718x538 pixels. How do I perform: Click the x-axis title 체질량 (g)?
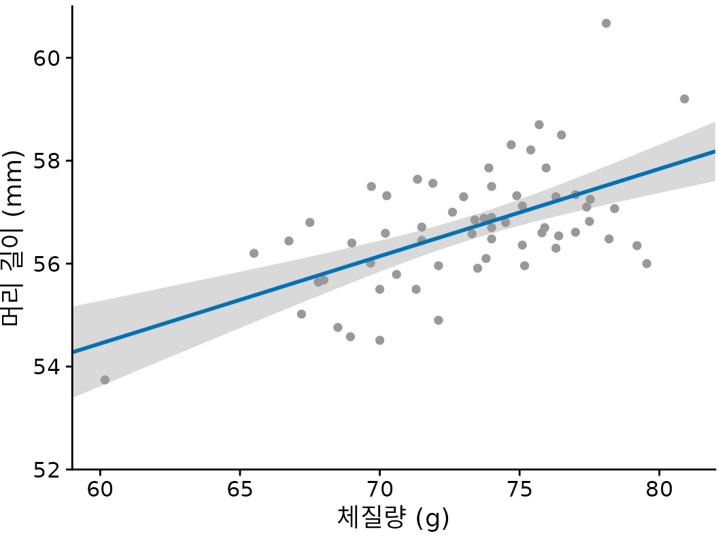[393, 518]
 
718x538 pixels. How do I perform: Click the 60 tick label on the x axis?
[100, 490]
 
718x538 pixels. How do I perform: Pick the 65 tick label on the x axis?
[240, 490]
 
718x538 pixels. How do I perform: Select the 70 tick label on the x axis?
[379, 490]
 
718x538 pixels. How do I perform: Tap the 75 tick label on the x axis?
[519, 490]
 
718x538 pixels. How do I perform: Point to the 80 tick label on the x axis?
[659, 490]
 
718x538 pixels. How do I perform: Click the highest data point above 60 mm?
[606, 23]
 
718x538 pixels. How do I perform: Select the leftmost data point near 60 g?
[105, 380]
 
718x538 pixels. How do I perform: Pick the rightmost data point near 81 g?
[684, 99]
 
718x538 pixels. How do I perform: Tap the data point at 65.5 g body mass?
[254, 253]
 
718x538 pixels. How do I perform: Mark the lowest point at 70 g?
[379, 340]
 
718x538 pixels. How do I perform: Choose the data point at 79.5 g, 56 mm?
[647, 264]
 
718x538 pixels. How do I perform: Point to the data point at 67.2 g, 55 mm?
[301, 314]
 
